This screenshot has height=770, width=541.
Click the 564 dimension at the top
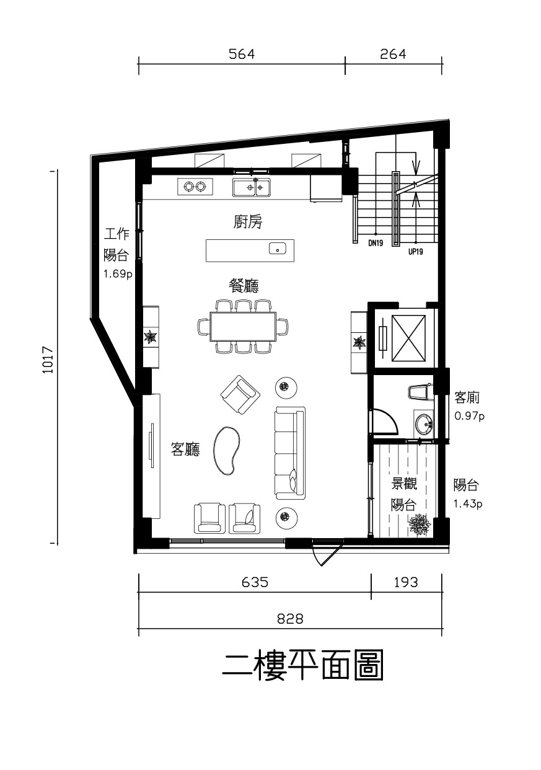(242, 55)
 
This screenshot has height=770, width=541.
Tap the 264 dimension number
(393, 55)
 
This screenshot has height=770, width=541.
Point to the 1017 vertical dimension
(48, 360)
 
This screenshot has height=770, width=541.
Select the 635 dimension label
(255, 582)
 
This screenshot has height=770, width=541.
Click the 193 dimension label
(405, 582)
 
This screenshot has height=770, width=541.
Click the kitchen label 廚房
(248, 222)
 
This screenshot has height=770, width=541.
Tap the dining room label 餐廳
(244, 285)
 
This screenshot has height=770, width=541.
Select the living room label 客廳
(186, 449)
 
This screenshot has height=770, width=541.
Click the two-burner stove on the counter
(195, 187)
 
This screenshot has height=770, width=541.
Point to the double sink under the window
(251, 187)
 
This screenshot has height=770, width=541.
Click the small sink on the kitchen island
(278, 248)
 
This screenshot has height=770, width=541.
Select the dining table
(244, 326)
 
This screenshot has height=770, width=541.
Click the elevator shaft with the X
(408, 339)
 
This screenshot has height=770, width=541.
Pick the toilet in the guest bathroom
(420, 392)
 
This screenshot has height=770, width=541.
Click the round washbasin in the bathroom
(424, 424)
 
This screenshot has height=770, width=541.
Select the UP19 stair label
(416, 252)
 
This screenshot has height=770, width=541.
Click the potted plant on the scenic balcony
(420, 524)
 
